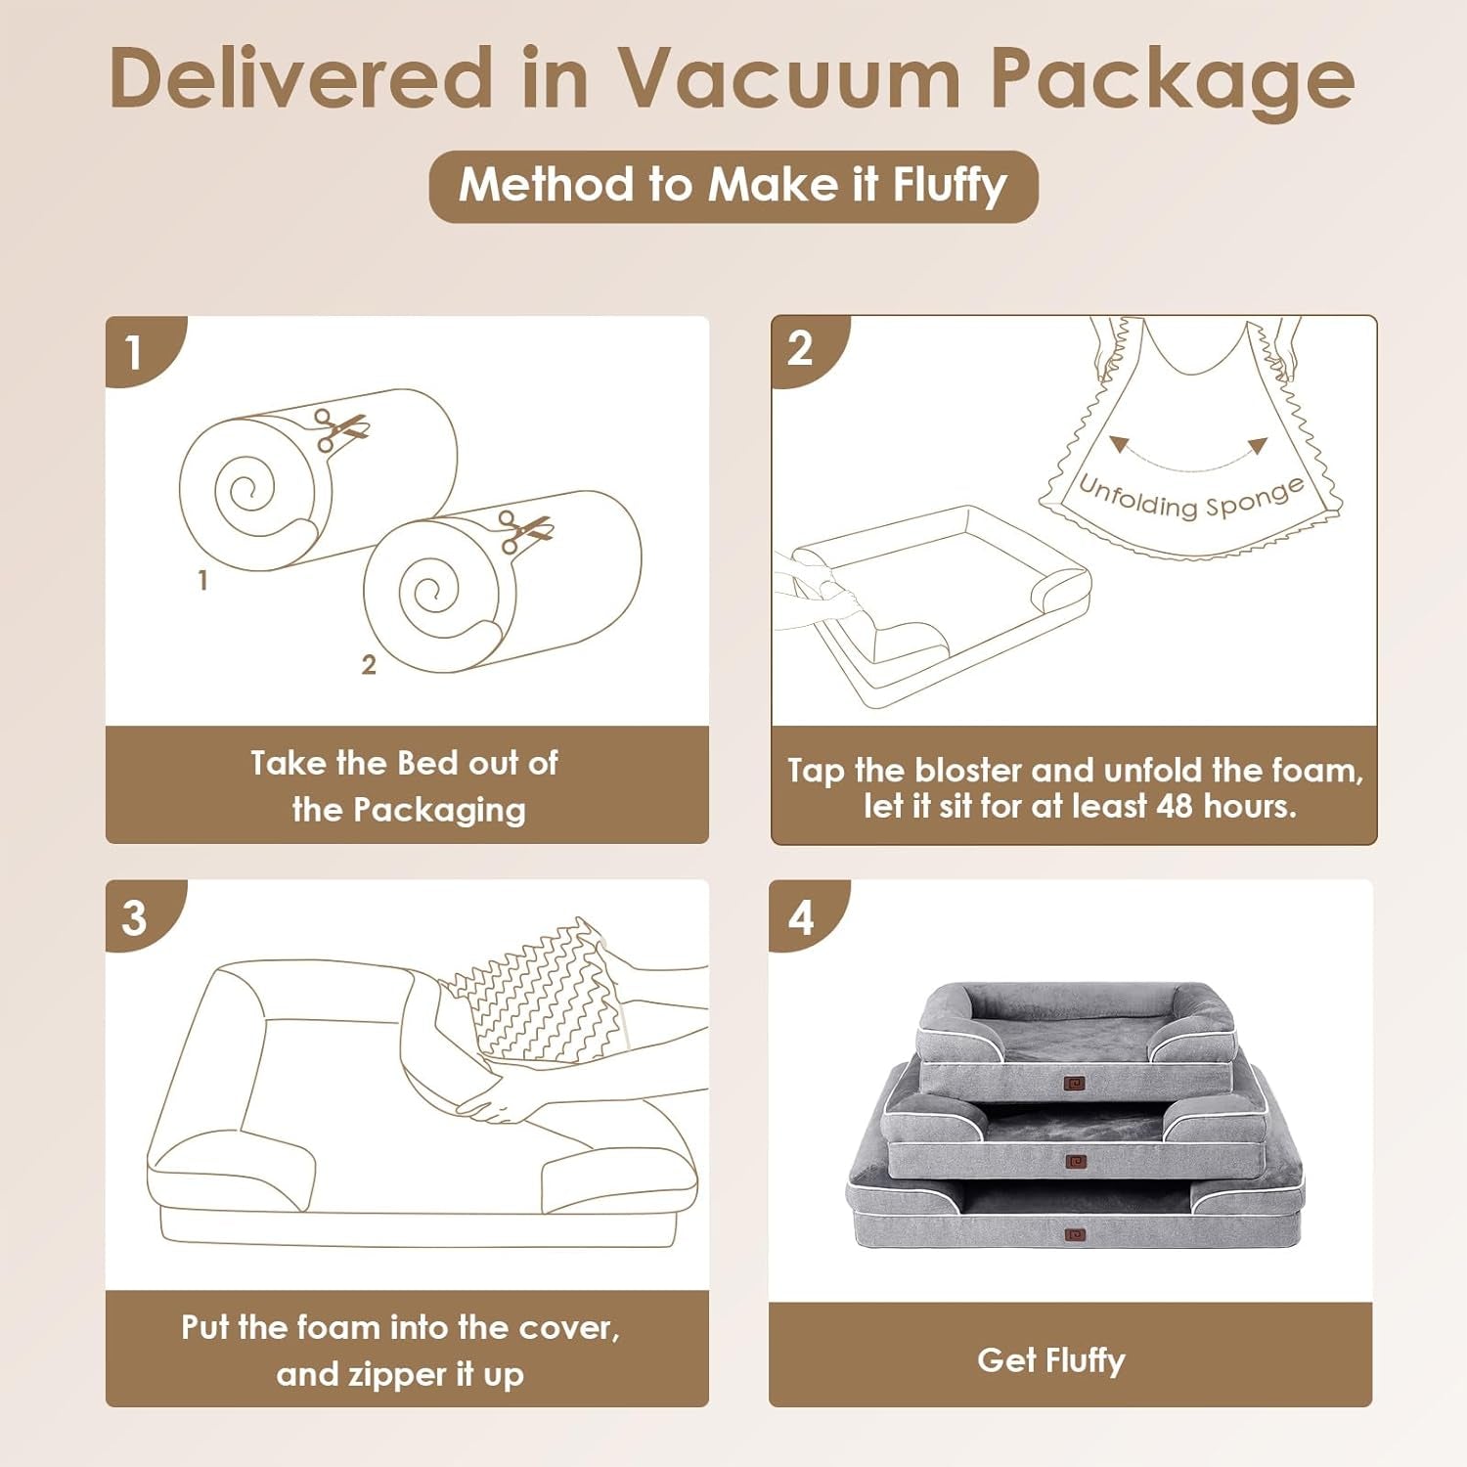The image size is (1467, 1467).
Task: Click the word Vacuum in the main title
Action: [790, 78]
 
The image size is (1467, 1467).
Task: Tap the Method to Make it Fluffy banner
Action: [733, 186]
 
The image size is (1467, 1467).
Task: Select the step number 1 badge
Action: [135, 352]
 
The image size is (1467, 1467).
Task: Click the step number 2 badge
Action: [800, 349]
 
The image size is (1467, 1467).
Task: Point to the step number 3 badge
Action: [135, 918]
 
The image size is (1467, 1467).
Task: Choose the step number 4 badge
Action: [801, 918]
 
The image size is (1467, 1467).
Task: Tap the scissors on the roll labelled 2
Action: [524, 531]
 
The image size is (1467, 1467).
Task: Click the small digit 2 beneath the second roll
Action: [369, 665]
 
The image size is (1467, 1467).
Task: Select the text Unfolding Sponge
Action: [1190, 497]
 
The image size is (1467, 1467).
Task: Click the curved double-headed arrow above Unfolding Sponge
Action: [1189, 454]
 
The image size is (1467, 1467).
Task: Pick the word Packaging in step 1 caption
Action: [439, 811]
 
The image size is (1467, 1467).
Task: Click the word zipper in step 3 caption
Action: [375, 1375]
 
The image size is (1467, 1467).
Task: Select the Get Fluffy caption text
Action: [1051, 1360]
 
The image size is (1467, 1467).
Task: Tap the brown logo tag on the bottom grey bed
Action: [1075, 1235]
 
